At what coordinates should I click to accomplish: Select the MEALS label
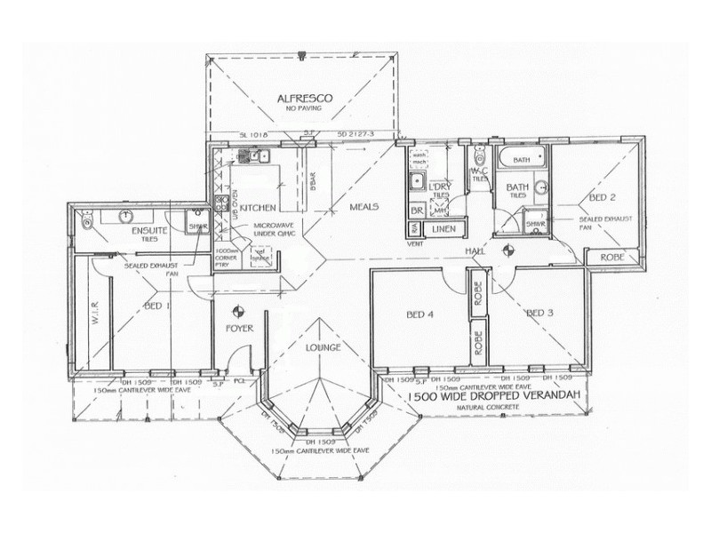pyautogui.click(x=363, y=206)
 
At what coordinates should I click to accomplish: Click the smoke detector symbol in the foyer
pyautogui.click(x=237, y=310)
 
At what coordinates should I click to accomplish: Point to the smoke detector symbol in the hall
pyautogui.click(x=508, y=251)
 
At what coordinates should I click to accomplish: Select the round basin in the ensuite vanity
pyautogui.click(x=127, y=216)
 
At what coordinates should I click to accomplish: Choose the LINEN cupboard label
pyautogui.click(x=443, y=229)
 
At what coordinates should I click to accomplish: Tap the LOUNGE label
pyautogui.click(x=322, y=347)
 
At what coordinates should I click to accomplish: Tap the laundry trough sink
pyautogui.click(x=416, y=182)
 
